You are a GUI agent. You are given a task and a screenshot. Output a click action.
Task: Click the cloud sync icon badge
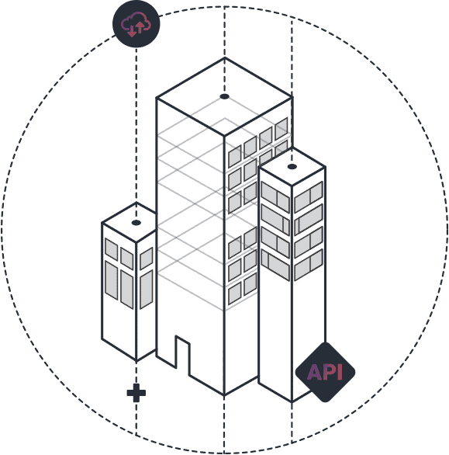[136, 24]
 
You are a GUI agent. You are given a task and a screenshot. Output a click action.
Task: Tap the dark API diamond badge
[325, 372]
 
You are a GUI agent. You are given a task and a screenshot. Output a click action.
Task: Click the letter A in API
[314, 372]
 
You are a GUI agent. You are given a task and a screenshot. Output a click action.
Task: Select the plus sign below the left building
[136, 393]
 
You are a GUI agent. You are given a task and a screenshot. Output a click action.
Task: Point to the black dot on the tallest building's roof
[224, 96]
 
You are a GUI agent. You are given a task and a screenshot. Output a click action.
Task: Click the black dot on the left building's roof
[136, 223]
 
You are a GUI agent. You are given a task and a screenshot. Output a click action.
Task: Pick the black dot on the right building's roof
[292, 167]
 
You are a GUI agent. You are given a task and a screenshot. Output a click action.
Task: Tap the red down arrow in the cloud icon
[132, 31]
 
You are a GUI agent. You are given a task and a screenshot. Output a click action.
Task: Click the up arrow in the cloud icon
[140, 27]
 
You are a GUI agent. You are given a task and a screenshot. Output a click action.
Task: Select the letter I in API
[340, 372]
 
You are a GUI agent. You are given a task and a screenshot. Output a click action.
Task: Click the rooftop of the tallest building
[224, 97]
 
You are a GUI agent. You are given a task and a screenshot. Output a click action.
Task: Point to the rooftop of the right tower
[292, 167]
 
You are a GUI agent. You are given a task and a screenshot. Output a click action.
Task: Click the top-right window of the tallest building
[281, 129]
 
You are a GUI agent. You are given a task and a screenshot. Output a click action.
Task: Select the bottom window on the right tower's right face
[309, 265]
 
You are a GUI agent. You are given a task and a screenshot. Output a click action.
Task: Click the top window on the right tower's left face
[275, 197]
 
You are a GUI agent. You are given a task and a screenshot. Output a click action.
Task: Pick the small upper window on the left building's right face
[147, 259]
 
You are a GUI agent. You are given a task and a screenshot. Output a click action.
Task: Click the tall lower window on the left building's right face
[147, 290]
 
